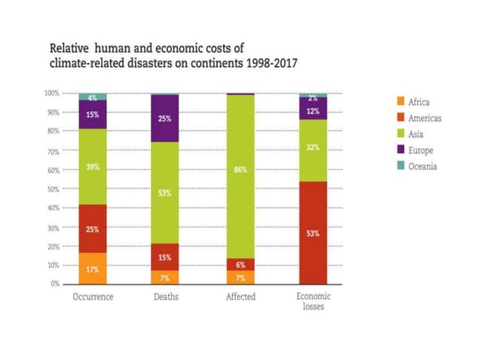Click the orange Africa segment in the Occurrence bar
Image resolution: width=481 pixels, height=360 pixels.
(93, 268)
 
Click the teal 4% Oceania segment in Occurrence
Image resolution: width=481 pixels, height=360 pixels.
(93, 97)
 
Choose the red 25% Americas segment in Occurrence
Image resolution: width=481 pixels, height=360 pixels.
(93, 228)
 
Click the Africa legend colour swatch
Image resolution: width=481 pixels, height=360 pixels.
(400, 101)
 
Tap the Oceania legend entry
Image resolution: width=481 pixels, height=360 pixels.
(418, 166)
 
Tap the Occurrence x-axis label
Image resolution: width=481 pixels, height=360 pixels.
(93, 297)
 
